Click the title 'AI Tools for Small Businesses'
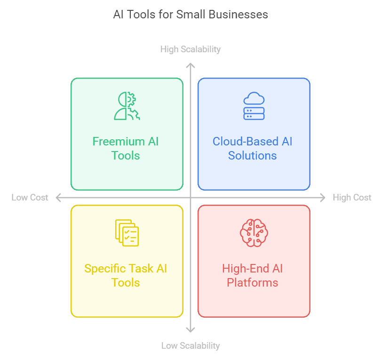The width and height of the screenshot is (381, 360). [x=190, y=15]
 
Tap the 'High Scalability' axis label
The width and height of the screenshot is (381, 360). [x=190, y=49]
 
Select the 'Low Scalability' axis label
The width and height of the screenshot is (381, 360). [x=190, y=345]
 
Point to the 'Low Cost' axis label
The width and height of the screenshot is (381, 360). [x=30, y=198]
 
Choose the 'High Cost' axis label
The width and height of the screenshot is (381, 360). [x=352, y=198]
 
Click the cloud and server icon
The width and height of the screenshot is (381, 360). [x=254, y=106]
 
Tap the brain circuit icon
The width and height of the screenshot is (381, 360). [x=254, y=233]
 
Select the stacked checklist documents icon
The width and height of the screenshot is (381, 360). [x=127, y=233]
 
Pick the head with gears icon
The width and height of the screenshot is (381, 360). [x=126, y=106]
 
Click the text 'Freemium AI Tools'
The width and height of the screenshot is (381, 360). [x=126, y=148]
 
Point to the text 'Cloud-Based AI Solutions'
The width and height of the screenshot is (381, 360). [x=253, y=148]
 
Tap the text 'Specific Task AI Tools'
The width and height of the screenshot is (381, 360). [x=126, y=275]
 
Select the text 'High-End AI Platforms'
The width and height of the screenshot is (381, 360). [x=253, y=275]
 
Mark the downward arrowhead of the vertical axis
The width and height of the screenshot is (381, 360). [x=190, y=329]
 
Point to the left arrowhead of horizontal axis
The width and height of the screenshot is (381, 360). [x=58, y=198]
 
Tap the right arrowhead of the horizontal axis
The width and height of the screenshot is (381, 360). [x=323, y=198]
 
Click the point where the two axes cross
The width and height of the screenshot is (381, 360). [x=190, y=198]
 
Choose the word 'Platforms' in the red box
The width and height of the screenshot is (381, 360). [x=253, y=283]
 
